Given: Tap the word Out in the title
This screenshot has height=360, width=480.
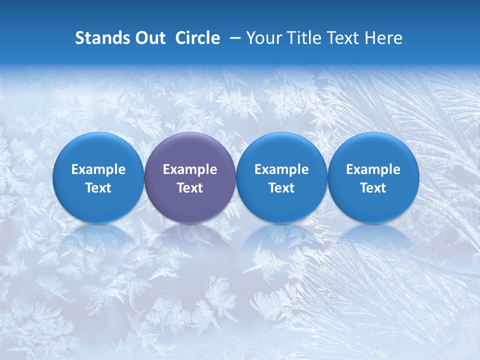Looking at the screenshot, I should [149, 38].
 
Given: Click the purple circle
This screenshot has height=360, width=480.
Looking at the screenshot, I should [190, 177].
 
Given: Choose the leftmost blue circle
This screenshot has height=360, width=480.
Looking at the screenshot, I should [98, 177].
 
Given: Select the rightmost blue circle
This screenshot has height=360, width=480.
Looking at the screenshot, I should [373, 177].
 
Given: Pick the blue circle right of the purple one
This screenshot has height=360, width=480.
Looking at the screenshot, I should [281, 177].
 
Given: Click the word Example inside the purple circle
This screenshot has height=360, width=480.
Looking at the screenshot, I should [190, 169].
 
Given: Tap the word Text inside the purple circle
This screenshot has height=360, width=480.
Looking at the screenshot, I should [190, 188].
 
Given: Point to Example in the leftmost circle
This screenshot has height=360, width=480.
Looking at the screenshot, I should [98, 169].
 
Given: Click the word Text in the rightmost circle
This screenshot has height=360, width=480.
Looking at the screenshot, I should [373, 188].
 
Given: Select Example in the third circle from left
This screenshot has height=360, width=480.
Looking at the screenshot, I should [281, 169].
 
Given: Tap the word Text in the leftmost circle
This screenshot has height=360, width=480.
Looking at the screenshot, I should [98, 188].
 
